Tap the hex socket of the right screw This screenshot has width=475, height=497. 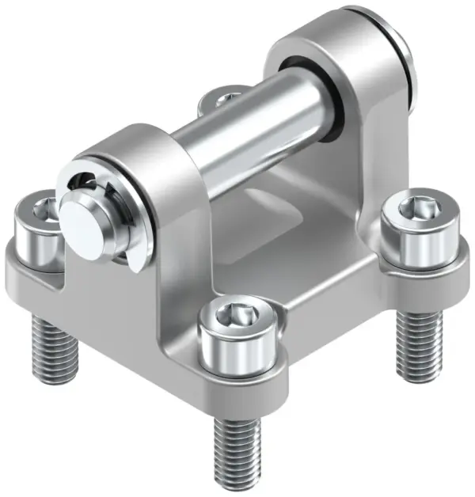(416, 208)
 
